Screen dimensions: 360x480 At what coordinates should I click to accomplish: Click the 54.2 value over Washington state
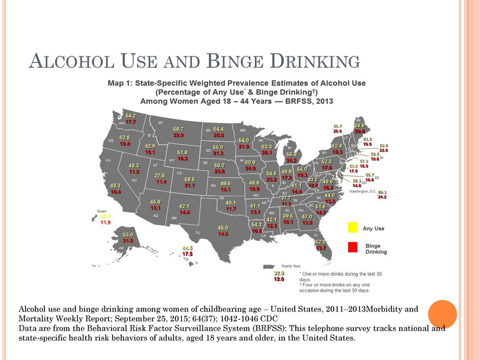[x=131, y=115]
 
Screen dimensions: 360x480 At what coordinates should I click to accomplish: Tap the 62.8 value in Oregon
[x=124, y=137]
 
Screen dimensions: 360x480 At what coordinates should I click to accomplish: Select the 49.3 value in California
[x=116, y=185]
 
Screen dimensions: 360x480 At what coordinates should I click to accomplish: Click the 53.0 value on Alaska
[x=128, y=235]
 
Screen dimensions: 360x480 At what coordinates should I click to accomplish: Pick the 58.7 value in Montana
[x=178, y=129]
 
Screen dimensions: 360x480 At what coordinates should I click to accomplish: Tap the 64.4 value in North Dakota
[x=218, y=129]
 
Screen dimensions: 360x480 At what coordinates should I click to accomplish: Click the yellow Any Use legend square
[x=352, y=227]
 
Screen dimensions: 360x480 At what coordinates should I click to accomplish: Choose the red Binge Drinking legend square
[x=352, y=246]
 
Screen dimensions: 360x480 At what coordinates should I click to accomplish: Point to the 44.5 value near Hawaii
[x=188, y=248]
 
